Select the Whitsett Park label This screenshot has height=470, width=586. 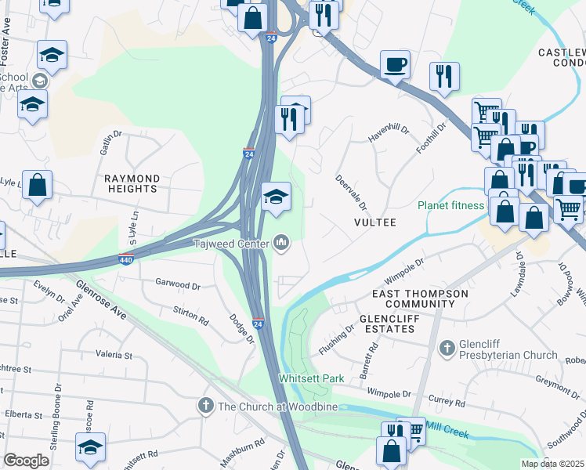[312, 378]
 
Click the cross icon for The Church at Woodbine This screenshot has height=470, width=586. [205, 406]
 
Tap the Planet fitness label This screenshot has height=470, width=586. [450, 205]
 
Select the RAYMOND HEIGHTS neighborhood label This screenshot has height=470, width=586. [132, 183]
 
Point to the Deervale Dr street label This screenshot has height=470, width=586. [351, 192]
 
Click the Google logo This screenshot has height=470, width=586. [27, 460]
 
